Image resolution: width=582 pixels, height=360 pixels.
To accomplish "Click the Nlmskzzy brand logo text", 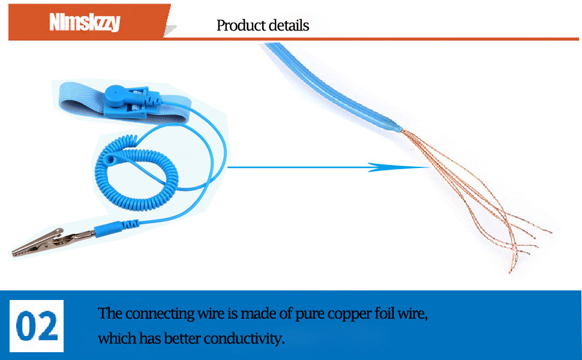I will point(84,22).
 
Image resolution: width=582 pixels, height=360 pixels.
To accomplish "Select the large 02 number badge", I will point(37,325).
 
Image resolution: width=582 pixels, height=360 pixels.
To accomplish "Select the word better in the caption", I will point(181,338).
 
